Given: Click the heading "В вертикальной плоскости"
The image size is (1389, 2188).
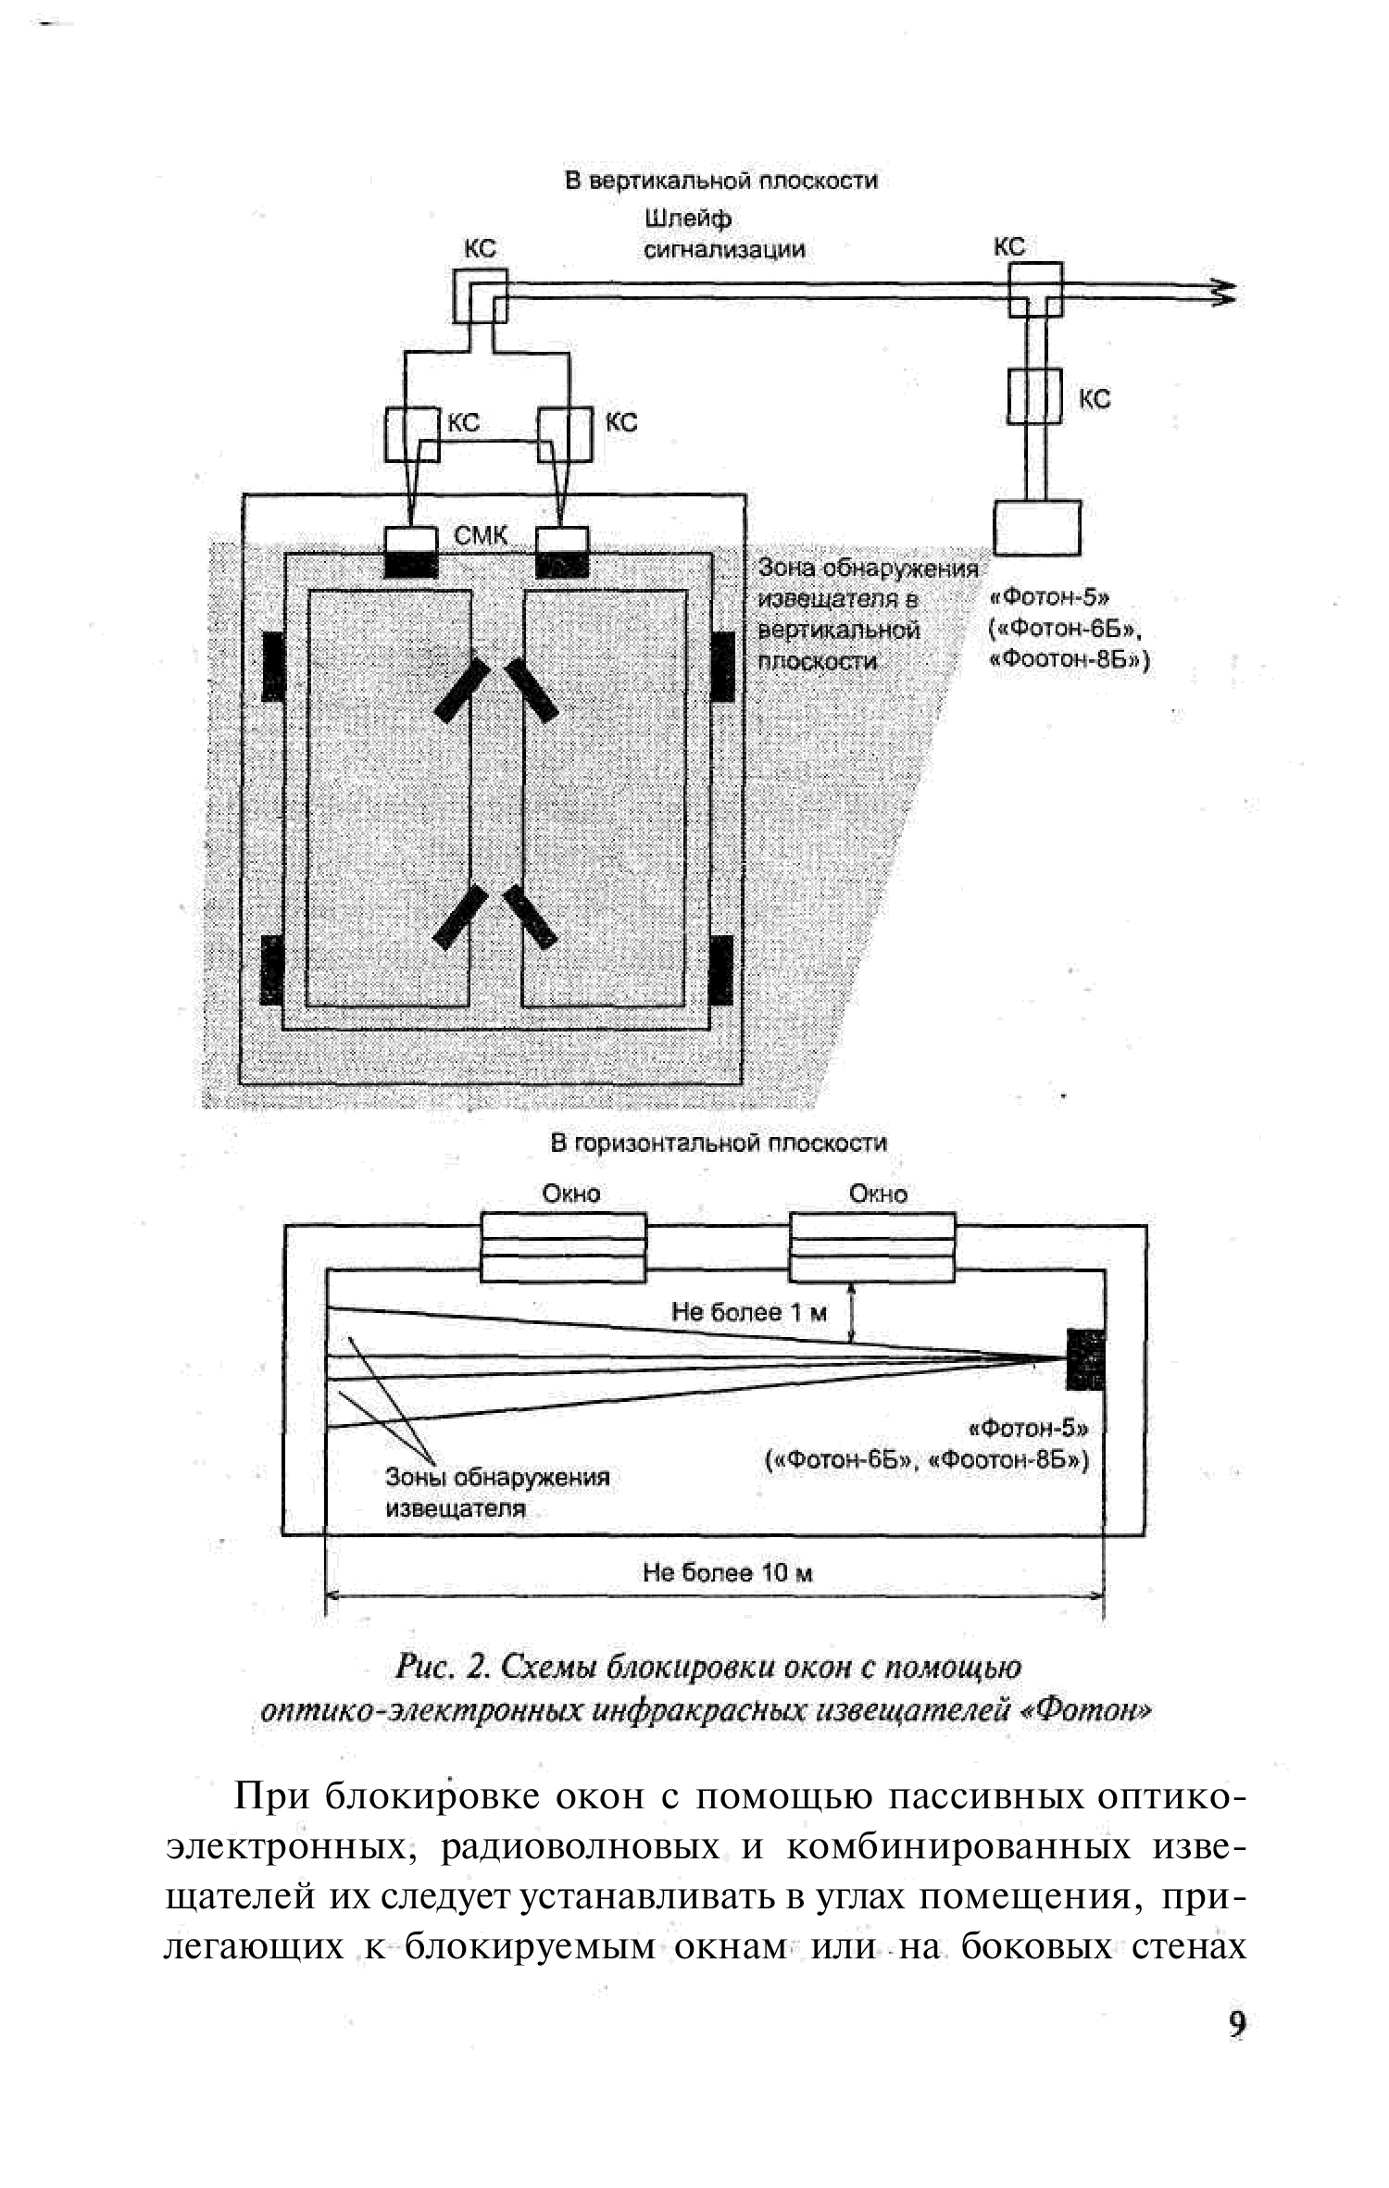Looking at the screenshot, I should (x=720, y=180).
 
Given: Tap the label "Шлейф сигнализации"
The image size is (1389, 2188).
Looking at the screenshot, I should (x=723, y=234).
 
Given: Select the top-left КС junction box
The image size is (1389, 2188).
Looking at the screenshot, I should (x=480, y=295).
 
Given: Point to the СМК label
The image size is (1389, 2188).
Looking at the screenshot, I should (x=480, y=535).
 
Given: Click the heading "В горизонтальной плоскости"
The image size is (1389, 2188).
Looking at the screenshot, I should (x=719, y=1143).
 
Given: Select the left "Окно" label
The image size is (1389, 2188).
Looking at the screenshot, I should (x=570, y=1194).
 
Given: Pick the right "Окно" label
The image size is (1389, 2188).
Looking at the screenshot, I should (x=878, y=1194).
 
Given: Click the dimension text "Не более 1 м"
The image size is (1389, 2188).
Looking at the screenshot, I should (x=748, y=1311).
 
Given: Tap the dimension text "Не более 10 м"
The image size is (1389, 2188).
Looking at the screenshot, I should (x=728, y=1571).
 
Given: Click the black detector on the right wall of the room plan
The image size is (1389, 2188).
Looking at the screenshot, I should (x=1084, y=1358).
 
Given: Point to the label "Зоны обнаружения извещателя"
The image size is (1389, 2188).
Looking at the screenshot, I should (x=496, y=1492).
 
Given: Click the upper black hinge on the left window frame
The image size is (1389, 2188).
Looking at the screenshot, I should (x=272, y=665).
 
